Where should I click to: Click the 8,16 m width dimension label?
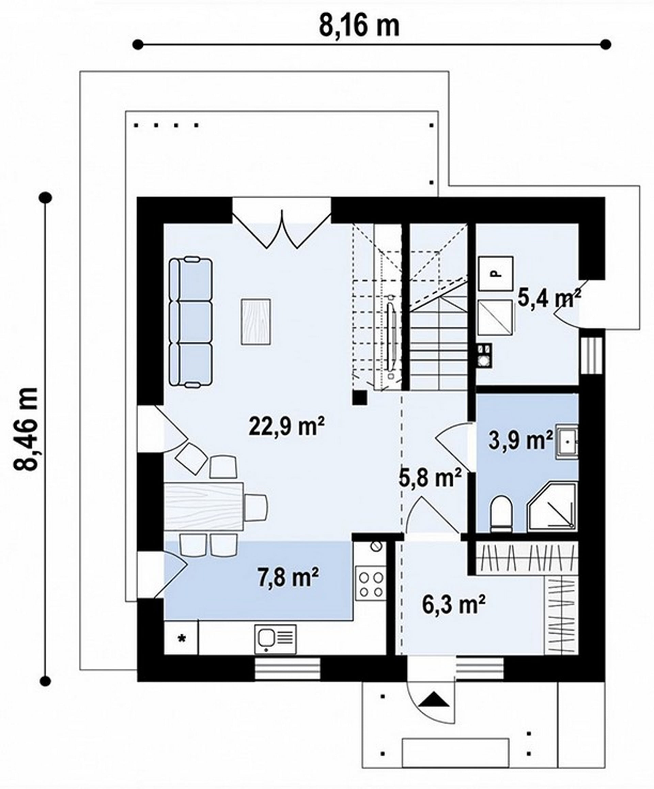click(x=359, y=26)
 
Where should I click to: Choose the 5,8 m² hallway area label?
click(x=430, y=477)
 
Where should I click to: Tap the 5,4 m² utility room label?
click(x=549, y=298)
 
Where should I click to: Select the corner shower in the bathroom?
click(x=552, y=507)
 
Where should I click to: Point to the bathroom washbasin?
click(x=566, y=442)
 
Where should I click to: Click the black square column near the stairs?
click(x=360, y=397)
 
